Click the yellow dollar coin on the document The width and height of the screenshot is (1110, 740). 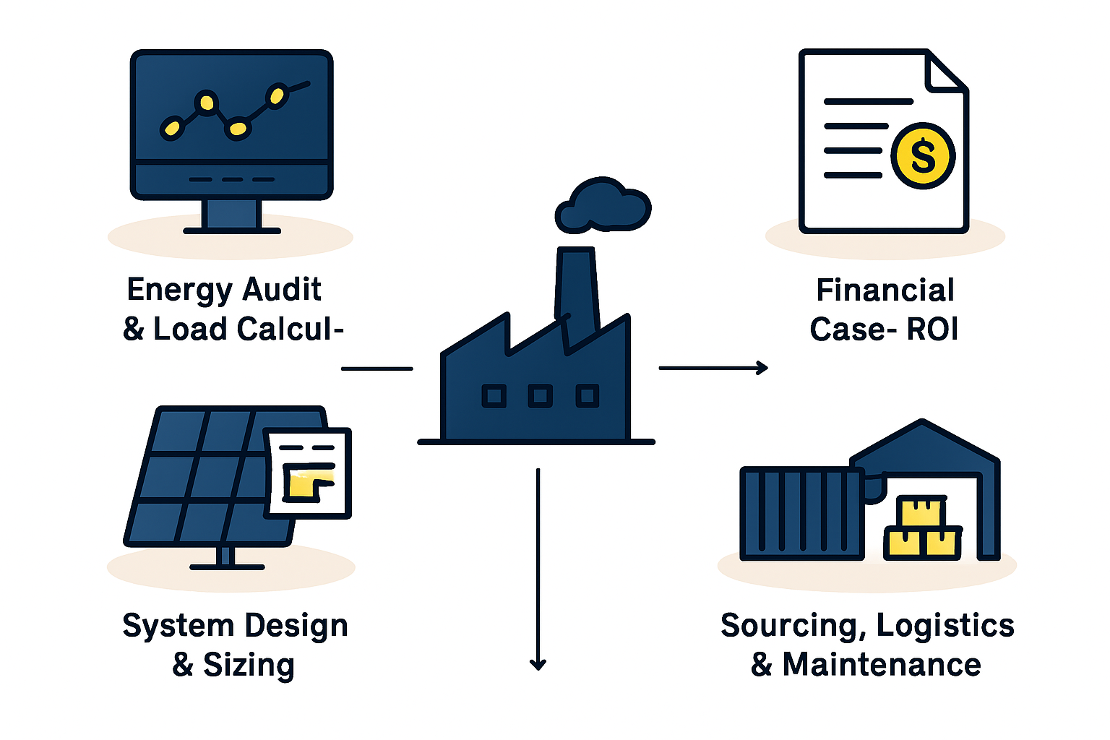coord(923,155)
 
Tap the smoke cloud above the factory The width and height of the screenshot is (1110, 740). coord(603,206)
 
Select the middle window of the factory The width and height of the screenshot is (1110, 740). coord(540,396)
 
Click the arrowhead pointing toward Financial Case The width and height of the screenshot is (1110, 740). coord(762,368)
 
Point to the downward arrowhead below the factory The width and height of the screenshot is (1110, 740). coord(538,663)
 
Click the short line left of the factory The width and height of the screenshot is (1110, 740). coord(377,369)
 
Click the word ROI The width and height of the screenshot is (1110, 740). coord(932,329)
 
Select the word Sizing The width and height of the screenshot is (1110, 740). coord(249,666)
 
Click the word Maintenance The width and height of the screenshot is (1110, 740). coord(882,665)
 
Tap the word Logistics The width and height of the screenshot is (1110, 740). coord(945,627)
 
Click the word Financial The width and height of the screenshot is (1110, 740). coord(885,290)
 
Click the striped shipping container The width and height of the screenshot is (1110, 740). coord(801,514)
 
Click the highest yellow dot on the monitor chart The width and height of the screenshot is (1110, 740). coord(277,95)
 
